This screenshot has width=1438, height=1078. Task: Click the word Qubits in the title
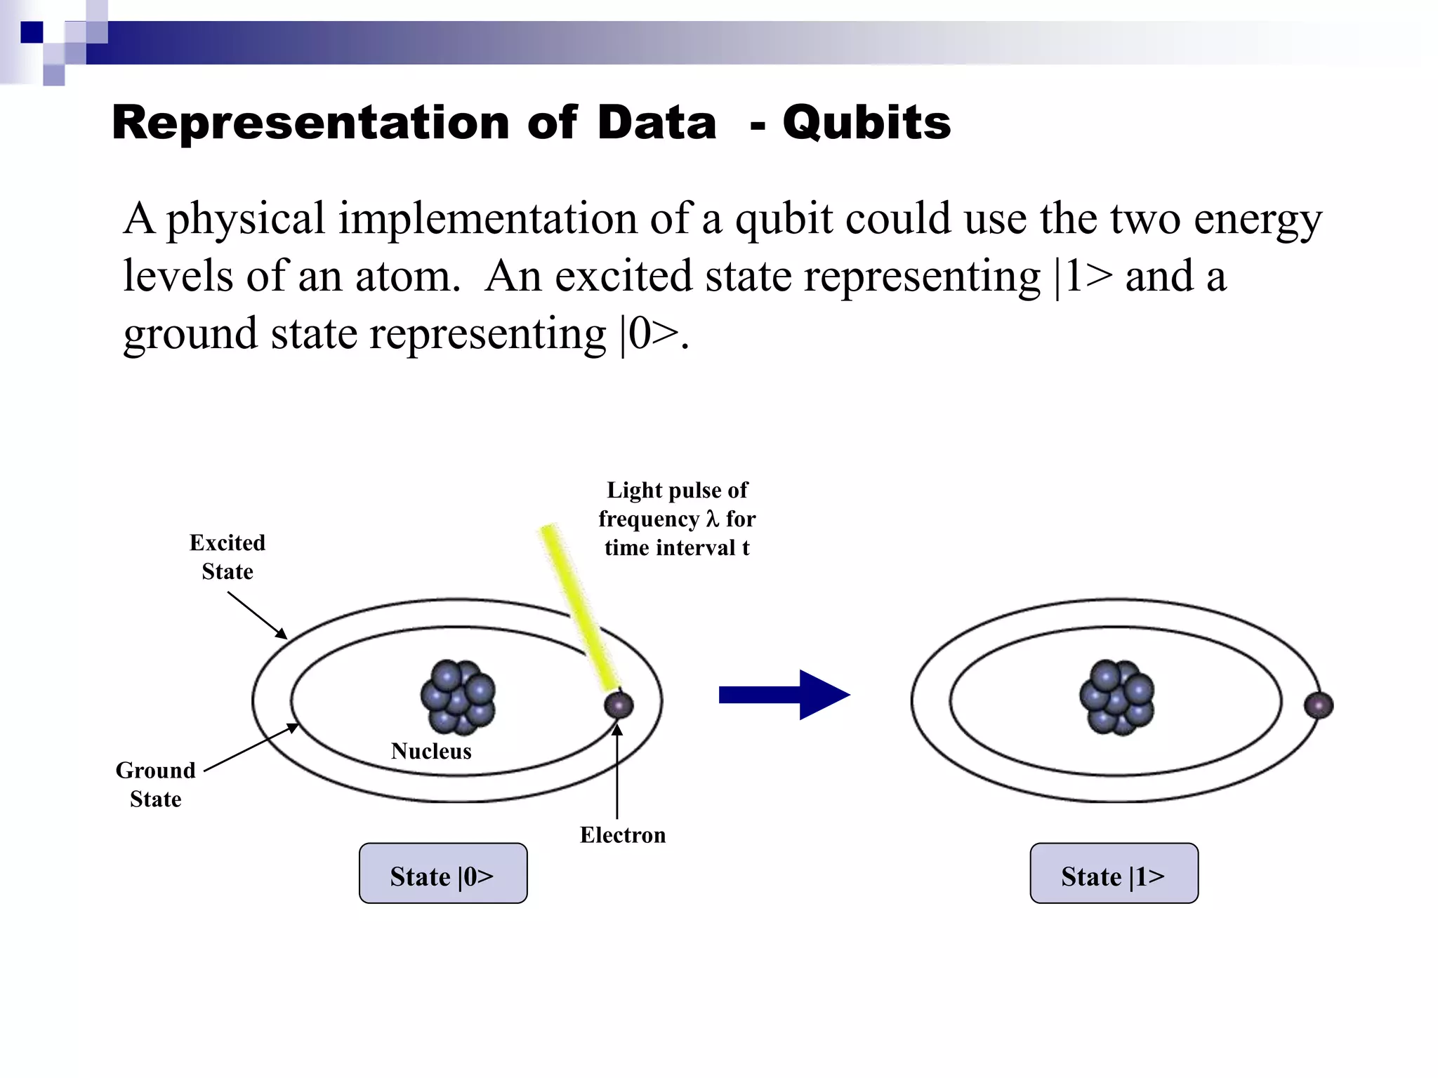(x=866, y=123)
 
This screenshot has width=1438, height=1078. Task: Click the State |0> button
(x=442, y=874)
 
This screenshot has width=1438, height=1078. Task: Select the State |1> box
(x=1114, y=874)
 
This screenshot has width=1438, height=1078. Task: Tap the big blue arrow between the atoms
(x=784, y=695)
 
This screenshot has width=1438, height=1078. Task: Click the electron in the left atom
(x=619, y=705)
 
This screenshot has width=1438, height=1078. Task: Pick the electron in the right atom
(x=1318, y=705)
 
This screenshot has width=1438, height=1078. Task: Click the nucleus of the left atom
(x=458, y=696)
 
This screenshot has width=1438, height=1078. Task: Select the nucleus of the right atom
(x=1116, y=696)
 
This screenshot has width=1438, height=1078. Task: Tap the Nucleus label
(x=431, y=752)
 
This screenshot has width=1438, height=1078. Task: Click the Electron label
(x=623, y=835)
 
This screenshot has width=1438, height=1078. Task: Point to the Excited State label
(x=227, y=557)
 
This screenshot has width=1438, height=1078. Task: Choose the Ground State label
(x=156, y=785)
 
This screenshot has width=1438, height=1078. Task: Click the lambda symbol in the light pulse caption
(x=713, y=519)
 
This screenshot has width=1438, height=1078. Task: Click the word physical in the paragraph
(x=245, y=218)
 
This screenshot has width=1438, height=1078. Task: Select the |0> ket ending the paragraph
(x=649, y=333)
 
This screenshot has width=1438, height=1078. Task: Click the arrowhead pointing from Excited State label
(x=282, y=634)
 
